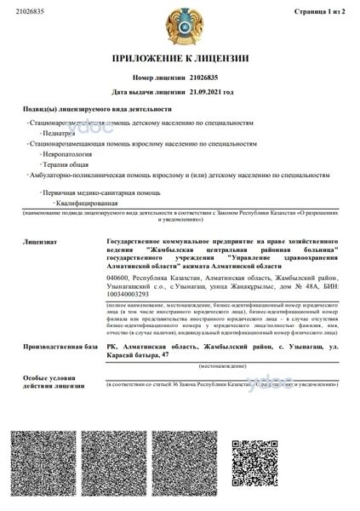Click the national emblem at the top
tap(180, 26)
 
